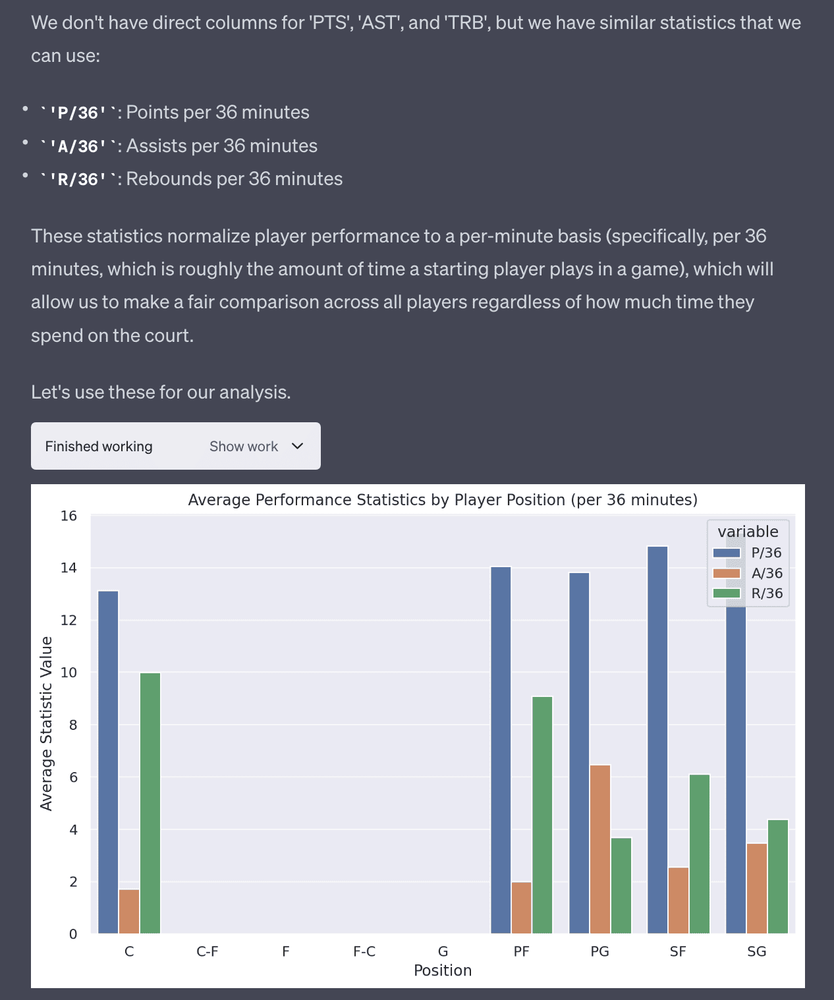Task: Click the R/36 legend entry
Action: (766, 593)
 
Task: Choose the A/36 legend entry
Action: (766, 573)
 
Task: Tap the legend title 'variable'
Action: (748, 532)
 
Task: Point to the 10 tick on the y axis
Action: (69, 673)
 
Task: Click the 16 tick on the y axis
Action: (69, 516)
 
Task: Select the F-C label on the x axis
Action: (364, 951)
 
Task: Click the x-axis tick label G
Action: (443, 951)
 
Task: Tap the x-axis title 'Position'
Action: (443, 970)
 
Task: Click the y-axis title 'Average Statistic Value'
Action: (46, 723)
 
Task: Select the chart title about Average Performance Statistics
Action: (443, 500)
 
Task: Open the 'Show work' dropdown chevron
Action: (298, 446)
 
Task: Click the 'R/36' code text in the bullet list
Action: (78, 179)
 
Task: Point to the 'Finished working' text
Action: (99, 446)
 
